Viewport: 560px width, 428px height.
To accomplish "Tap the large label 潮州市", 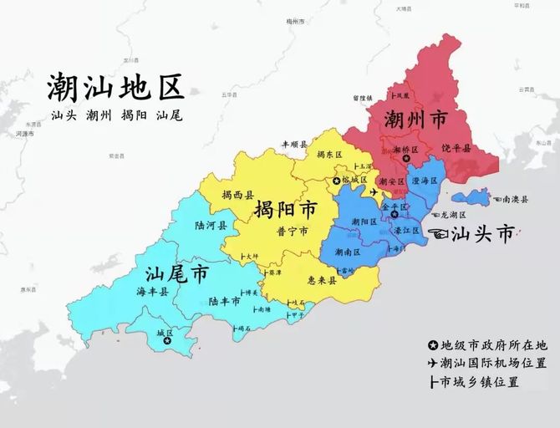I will pyautogui.click(x=415, y=119).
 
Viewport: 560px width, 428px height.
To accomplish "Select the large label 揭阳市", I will pyautogui.click(x=285, y=209).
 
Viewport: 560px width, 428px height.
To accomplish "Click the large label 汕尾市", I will pyautogui.click(x=176, y=274).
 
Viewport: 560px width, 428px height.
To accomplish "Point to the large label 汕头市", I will pyautogui.click(x=482, y=234).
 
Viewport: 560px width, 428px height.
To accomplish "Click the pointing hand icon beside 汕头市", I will pyautogui.click(x=438, y=233).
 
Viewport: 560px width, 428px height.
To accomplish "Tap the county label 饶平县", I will pyautogui.click(x=456, y=148).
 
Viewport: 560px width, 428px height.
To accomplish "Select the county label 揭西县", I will pyautogui.click(x=238, y=195).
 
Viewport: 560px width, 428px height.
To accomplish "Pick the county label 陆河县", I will pyautogui.click(x=210, y=226).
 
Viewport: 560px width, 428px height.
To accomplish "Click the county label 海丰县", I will pyautogui.click(x=152, y=292).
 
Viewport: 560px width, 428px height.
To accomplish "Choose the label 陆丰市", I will pyautogui.click(x=226, y=301).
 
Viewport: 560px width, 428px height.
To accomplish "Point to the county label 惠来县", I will pyautogui.click(x=321, y=281).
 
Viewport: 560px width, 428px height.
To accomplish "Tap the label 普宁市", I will pyautogui.click(x=293, y=230).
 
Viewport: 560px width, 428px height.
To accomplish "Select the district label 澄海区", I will pyautogui.click(x=425, y=180).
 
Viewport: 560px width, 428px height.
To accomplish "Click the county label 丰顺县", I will pyautogui.click(x=294, y=145).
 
